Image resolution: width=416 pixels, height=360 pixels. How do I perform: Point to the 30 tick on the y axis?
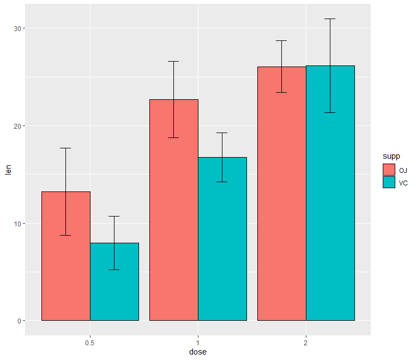tap(17, 28)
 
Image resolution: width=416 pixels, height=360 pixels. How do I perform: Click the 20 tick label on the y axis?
tap(17, 126)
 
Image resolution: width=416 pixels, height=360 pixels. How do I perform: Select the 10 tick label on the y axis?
tap(17, 224)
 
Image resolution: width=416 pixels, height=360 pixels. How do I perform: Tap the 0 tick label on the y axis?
tap(19, 321)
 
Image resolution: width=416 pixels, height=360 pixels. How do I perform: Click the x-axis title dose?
tap(198, 352)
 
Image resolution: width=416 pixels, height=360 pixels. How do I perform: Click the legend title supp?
tap(391, 157)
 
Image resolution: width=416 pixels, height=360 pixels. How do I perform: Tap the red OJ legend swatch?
tap(389, 170)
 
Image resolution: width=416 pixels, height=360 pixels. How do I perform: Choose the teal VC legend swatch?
tap(389, 183)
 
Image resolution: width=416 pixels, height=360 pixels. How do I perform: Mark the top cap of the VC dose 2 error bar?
tap(330, 19)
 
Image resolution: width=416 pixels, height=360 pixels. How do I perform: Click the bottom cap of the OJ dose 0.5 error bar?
tap(65, 235)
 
